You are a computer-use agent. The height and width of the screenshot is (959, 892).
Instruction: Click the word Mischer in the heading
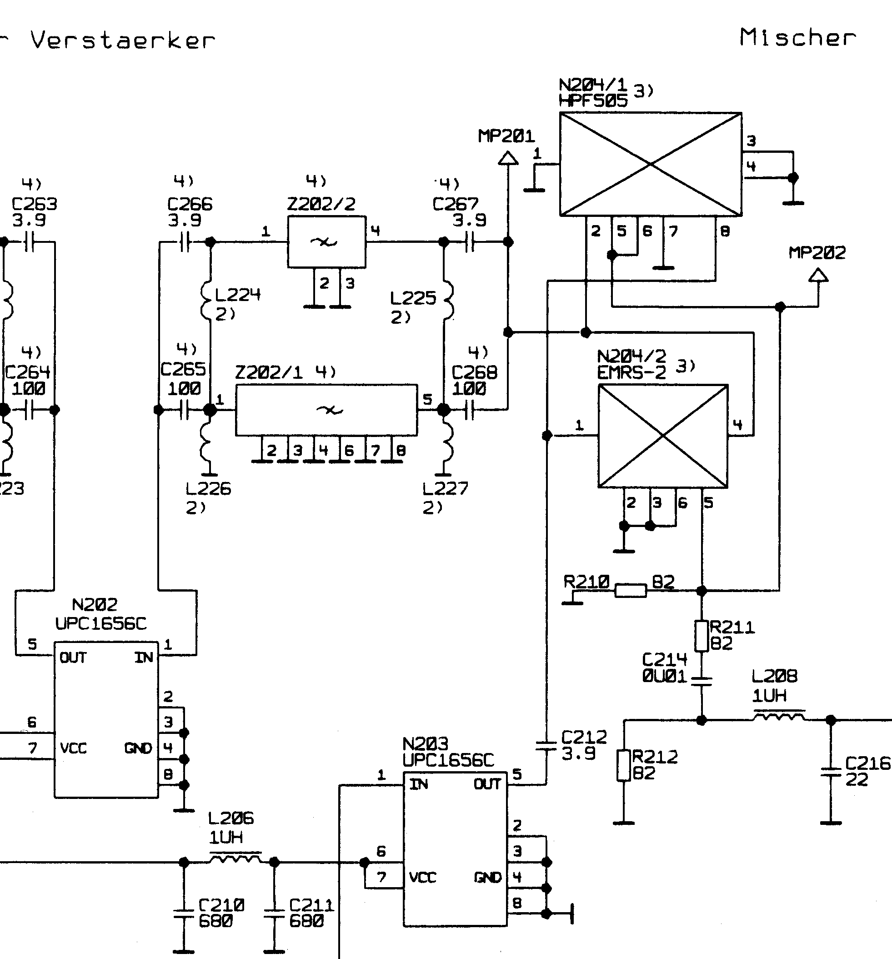pos(797,38)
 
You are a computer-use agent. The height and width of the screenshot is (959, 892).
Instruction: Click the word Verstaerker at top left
pos(123,40)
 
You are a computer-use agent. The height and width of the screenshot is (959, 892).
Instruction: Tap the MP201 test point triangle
pos(508,158)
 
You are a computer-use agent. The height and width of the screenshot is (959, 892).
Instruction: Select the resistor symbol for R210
pos(631,590)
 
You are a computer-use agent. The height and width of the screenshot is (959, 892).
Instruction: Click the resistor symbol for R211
pos(702,636)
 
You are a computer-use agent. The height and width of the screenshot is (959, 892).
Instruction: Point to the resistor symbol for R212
pos(624,765)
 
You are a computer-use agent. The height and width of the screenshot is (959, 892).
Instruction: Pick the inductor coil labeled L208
pos(779,715)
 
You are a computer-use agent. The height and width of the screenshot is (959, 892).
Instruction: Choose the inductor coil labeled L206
pos(236,857)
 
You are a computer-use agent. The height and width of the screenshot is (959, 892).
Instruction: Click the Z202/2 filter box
pos(326,241)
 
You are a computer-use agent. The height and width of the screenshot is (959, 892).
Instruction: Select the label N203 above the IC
pos(426,743)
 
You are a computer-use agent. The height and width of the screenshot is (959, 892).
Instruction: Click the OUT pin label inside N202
pos(73,658)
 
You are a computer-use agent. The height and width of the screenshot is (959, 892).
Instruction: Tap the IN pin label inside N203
pos(419,784)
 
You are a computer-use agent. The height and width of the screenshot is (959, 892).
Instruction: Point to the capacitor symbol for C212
pos(546,746)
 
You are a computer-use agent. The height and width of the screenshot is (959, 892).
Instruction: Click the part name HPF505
pos(593,101)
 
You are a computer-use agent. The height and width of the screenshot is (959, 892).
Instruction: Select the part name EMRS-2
pos(631,372)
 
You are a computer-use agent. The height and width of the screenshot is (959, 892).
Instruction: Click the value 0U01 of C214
pos(664,676)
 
